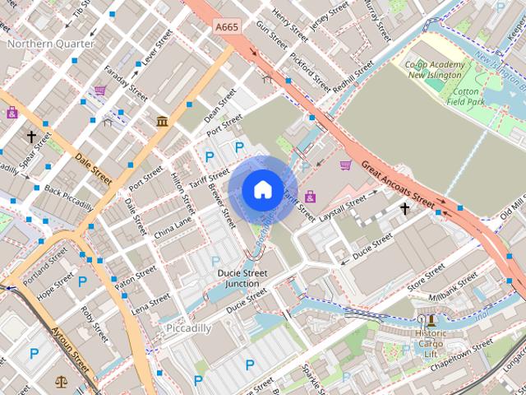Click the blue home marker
pos(261,190)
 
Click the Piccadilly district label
pos(189,328)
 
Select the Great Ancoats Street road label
pos(398,184)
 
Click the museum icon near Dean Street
pos(162,122)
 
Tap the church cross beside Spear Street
pos(32,137)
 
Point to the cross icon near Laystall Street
pos(404,209)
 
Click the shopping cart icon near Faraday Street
pos(99,91)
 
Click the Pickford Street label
pos(310,72)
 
